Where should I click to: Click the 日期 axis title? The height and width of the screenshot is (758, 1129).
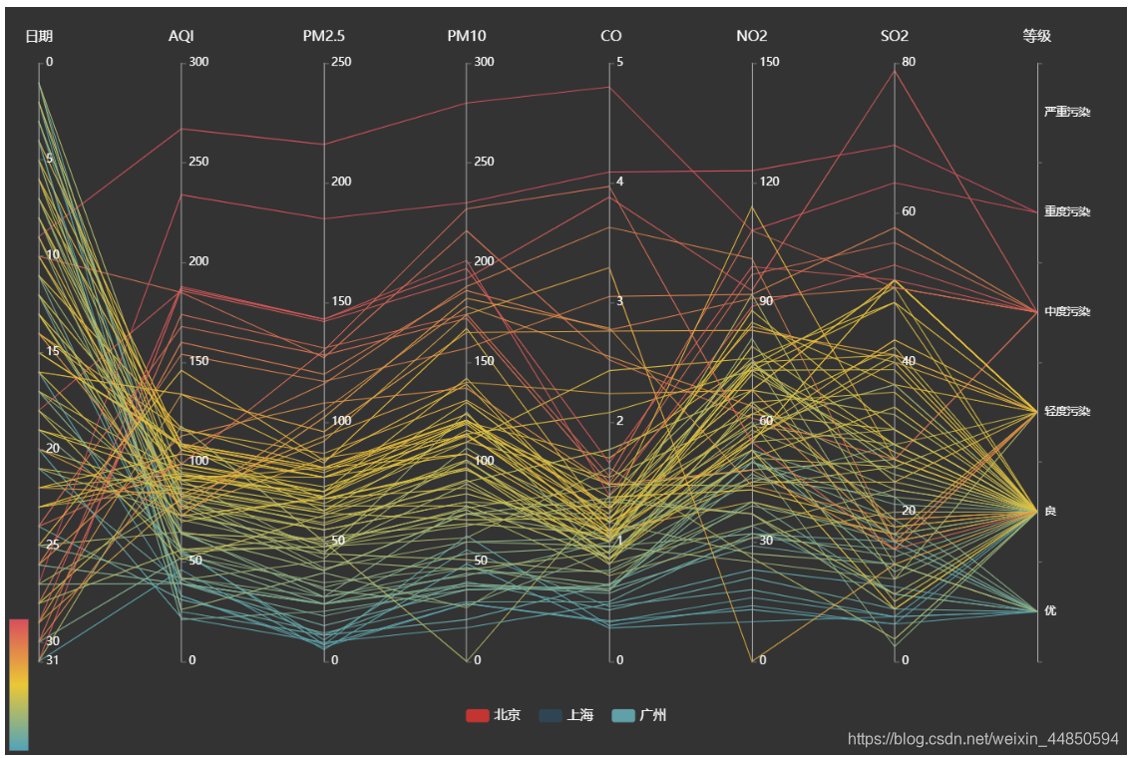point(39,37)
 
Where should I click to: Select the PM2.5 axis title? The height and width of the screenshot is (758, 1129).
point(324,37)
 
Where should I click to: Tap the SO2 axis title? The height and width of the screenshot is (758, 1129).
point(895,37)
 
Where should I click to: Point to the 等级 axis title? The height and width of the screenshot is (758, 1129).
point(1037,37)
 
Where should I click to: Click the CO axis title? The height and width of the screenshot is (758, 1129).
point(610,37)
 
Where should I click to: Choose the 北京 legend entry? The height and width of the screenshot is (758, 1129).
point(494,715)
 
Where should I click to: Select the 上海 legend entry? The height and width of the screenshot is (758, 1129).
point(566,715)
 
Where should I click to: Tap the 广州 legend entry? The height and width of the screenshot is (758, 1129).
point(640,715)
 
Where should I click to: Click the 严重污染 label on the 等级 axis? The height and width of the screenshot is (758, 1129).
point(1067,112)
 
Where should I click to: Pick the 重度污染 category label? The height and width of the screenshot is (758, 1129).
point(1067,211)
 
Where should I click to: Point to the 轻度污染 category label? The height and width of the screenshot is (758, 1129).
point(1067,411)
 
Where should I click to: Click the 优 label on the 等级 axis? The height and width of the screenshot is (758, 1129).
point(1050,610)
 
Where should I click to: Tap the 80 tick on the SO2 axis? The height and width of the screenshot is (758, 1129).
point(909,62)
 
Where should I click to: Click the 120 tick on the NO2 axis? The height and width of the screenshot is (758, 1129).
point(770,182)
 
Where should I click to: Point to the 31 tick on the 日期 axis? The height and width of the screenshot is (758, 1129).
point(53,660)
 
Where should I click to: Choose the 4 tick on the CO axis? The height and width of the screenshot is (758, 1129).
point(620,182)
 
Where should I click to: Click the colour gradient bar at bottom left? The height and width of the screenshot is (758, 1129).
point(19,684)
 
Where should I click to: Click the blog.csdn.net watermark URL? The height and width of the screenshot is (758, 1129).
point(982,739)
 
